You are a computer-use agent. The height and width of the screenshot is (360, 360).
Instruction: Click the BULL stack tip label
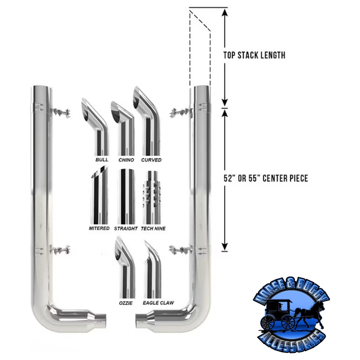(102, 160)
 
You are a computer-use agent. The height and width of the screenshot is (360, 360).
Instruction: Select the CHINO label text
(126, 160)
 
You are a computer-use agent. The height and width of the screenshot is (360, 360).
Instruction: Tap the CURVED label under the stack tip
(151, 160)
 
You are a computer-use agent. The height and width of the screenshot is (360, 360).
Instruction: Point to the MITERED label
(99, 229)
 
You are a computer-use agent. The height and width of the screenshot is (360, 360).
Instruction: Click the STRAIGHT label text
(126, 229)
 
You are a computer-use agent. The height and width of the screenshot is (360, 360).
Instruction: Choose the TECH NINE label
(153, 229)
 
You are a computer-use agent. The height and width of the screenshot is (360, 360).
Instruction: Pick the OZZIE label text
(126, 303)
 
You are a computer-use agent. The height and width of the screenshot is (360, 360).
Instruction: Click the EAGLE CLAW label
(157, 303)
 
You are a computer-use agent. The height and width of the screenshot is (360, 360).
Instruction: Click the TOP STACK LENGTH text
(254, 56)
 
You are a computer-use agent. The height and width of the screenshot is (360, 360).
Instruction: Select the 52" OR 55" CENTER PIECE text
(265, 178)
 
